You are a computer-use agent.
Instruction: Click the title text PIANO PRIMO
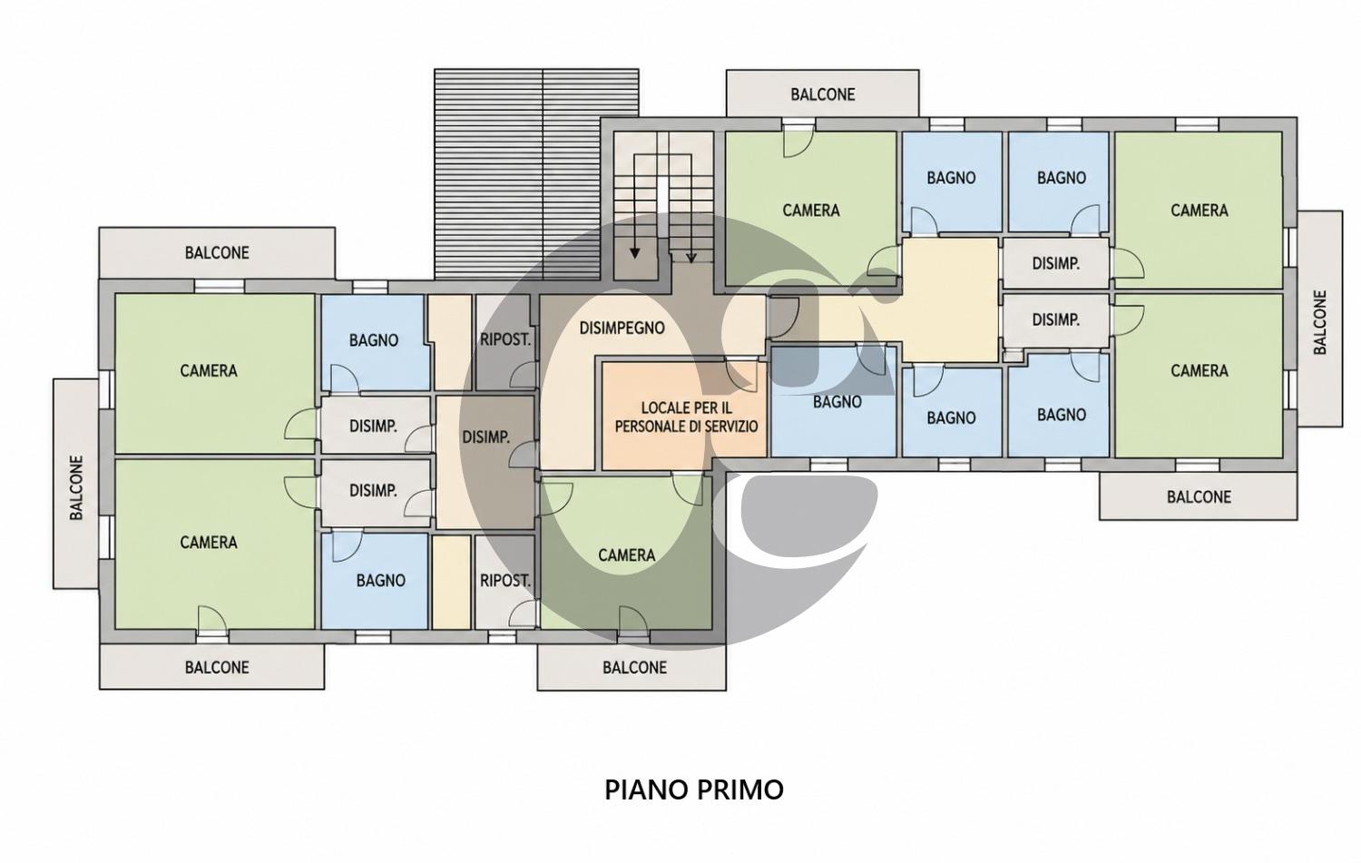tap(694, 790)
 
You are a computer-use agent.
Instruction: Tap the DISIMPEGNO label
tap(622, 329)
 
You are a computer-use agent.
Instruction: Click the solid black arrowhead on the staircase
tap(634, 253)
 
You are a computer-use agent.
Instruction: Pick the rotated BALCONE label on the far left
tap(76, 488)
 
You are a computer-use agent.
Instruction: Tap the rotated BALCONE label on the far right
tap(1319, 322)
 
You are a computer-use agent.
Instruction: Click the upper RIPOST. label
tap(504, 339)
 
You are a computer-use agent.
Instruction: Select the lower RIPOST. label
tap(504, 581)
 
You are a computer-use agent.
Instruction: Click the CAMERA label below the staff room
tap(626, 555)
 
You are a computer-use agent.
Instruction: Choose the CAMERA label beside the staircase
tap(810, 211)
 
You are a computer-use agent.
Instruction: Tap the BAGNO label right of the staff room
tap(837, 402)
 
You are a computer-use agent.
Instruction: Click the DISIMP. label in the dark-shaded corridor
tap(485, 437)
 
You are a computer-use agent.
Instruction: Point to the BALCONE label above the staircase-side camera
tap(823, 94)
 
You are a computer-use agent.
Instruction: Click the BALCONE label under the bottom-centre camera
tap(634, 668)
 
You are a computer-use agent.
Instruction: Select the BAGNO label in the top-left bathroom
tap(374, 340)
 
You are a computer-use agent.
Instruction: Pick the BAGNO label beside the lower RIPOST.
tap(381, 581)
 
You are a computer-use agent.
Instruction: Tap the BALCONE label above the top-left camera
tap(217, 253)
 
